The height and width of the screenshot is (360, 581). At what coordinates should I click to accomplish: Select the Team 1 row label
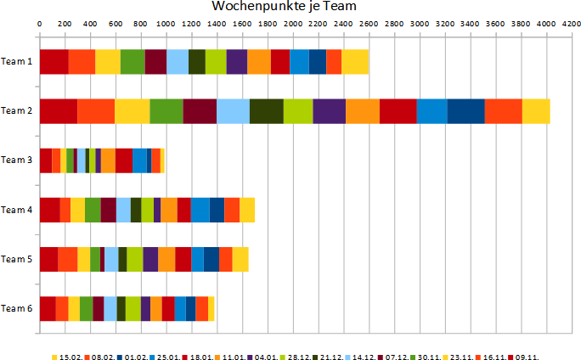(17, 62)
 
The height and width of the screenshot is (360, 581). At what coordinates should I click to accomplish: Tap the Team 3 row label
(17, 160)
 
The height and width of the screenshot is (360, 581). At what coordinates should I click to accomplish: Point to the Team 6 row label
(17, 308)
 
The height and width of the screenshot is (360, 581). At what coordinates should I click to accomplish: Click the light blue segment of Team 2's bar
(233, 111)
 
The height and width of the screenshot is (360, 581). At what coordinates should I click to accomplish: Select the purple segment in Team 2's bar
(329, 111)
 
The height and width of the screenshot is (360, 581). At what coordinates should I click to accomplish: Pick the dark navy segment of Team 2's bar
(465, 111)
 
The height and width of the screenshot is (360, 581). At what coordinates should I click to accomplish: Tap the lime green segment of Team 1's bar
(216, 62)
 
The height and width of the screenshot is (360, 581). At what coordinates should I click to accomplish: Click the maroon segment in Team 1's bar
(155, 62)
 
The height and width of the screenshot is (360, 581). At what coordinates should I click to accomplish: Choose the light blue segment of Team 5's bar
(111, 259)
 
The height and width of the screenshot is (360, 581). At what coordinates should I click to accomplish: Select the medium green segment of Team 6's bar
(86, 308)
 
